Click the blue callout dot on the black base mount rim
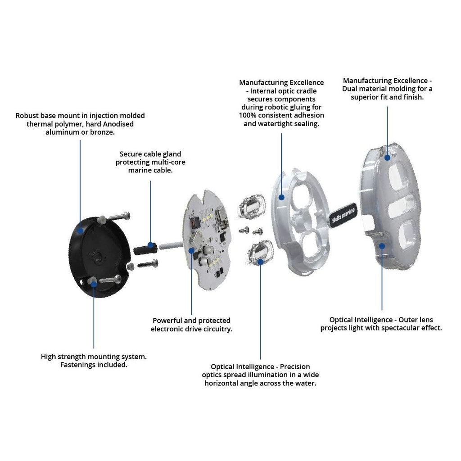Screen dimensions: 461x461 80,230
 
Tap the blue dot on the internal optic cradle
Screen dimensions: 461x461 281,196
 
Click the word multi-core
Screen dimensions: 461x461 165,162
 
